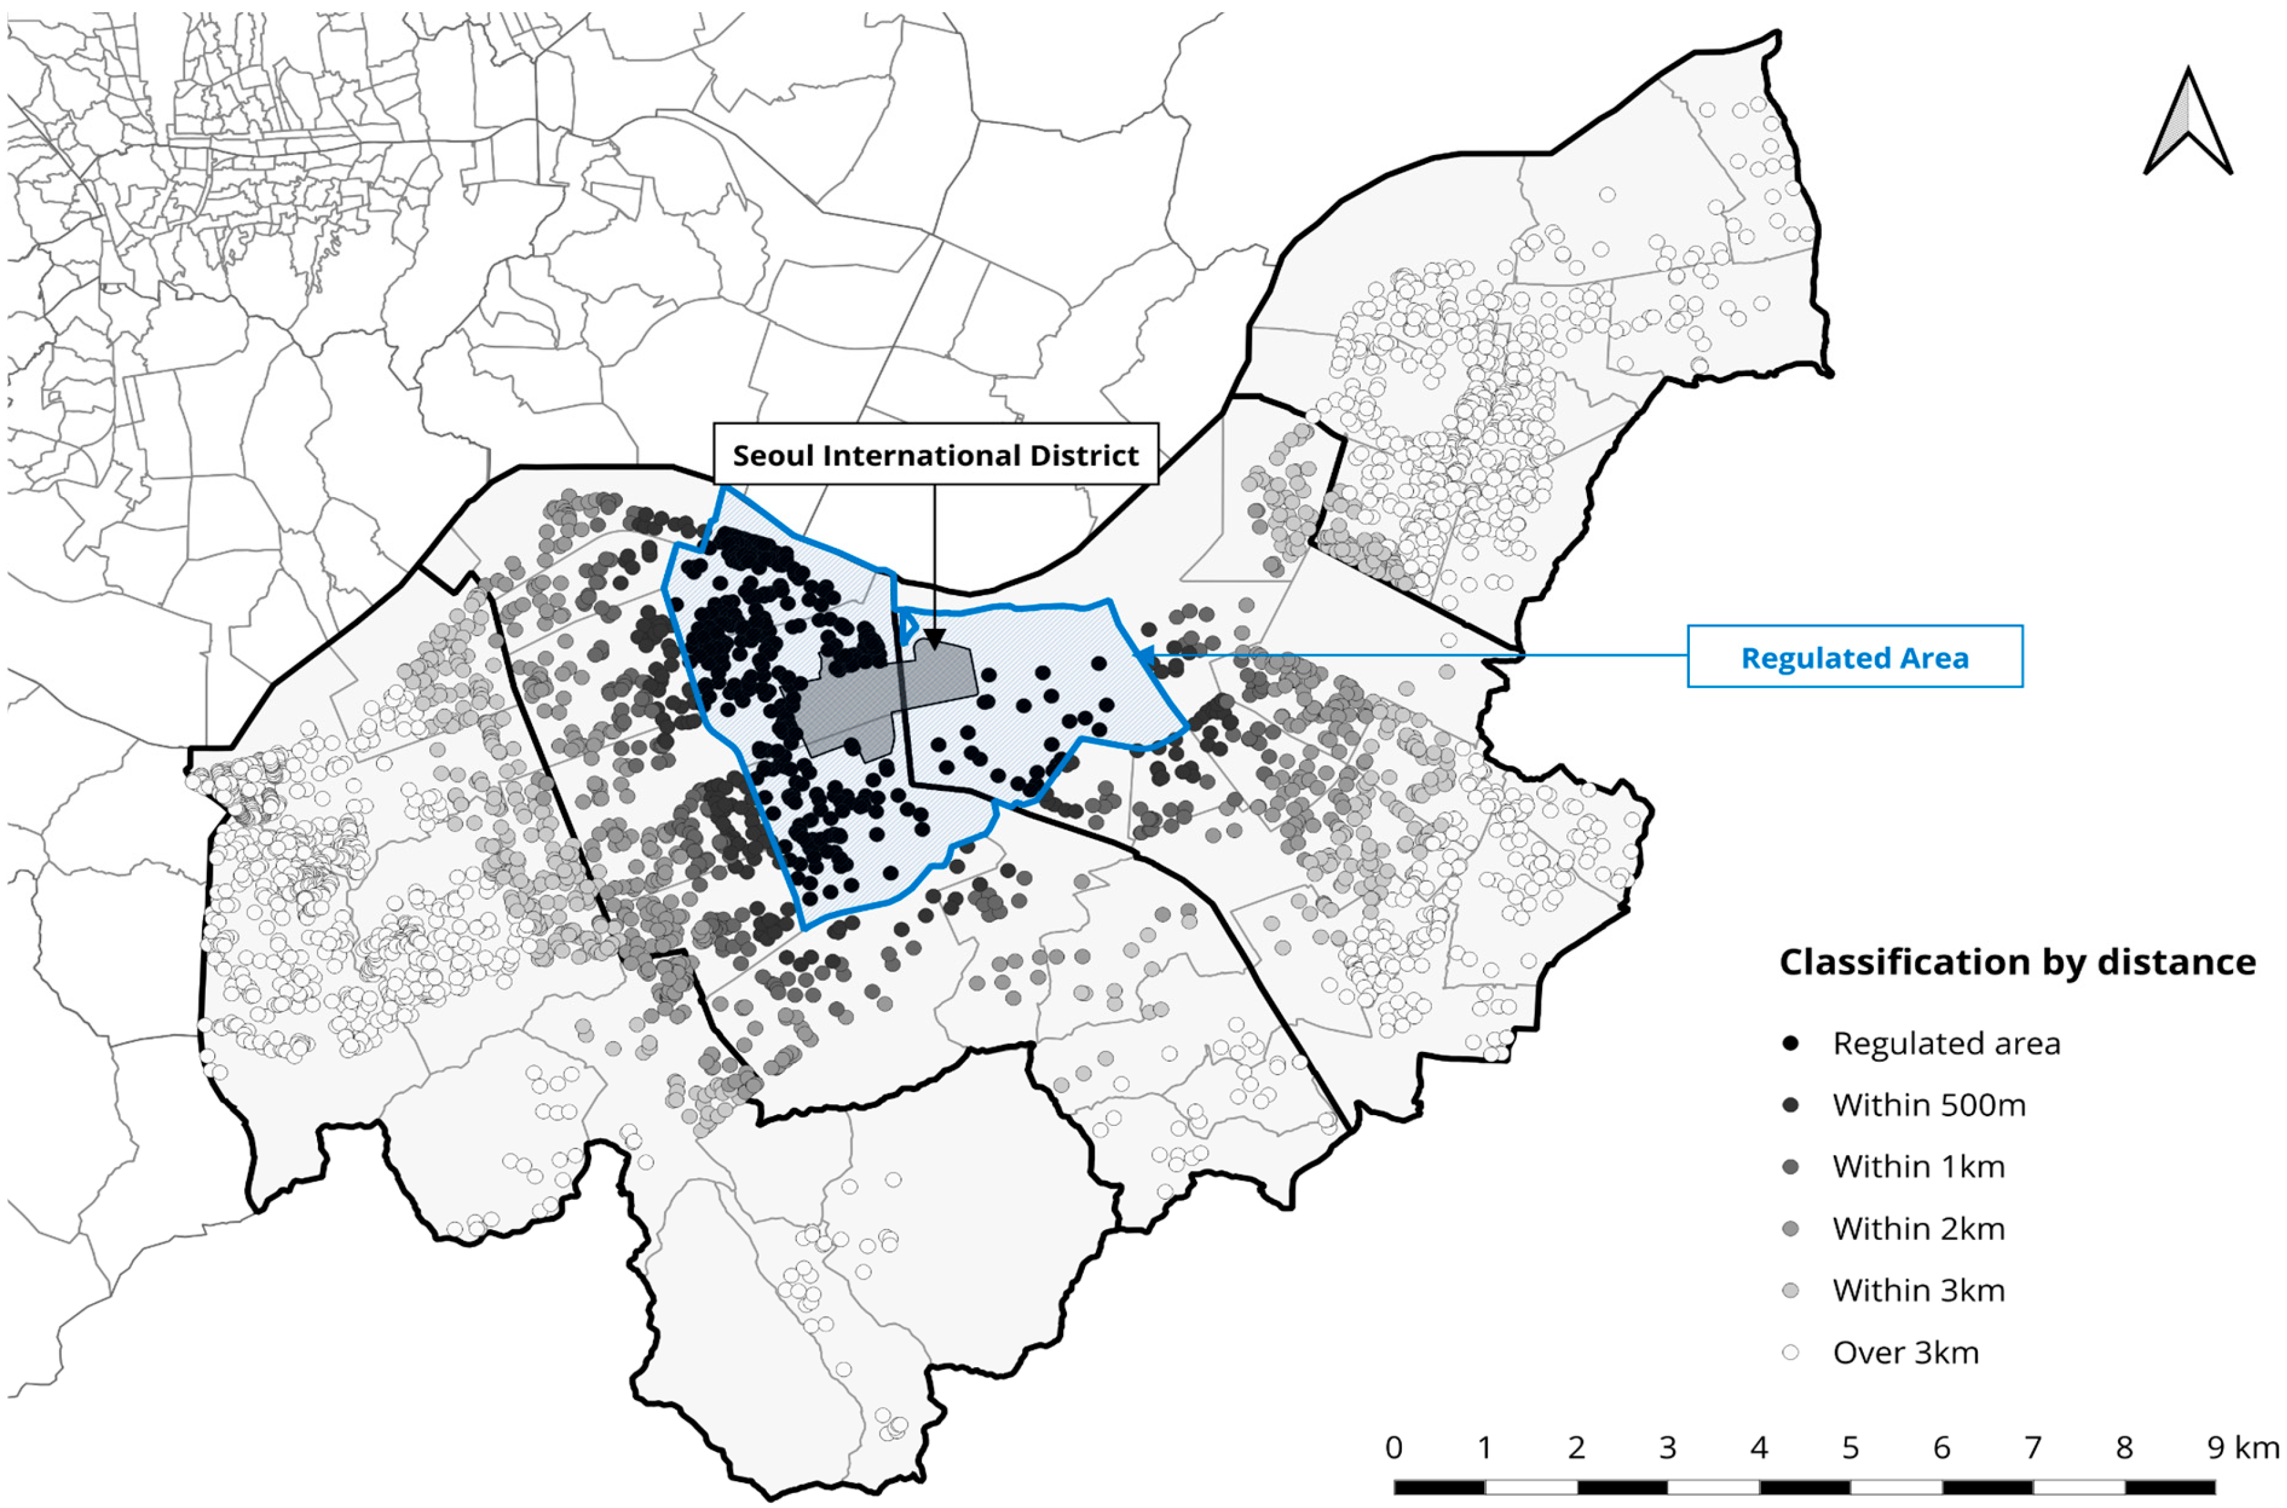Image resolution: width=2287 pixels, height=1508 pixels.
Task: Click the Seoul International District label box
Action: [935, 454]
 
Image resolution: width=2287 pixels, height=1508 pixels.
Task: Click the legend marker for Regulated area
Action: [1790, 1044]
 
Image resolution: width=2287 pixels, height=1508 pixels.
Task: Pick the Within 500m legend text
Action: [1928, 1105]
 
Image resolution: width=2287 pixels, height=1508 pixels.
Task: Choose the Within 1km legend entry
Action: [1918, 1167]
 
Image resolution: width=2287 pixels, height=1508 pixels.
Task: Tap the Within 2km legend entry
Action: [1918, 1228]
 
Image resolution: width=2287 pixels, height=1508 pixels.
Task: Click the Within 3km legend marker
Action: [1790, 1291]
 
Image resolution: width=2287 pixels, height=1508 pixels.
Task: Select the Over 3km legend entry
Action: [1905, 1352]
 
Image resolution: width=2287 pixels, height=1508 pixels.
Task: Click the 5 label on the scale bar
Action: [1851, 1448]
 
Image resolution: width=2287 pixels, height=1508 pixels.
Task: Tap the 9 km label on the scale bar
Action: [2241, 1448]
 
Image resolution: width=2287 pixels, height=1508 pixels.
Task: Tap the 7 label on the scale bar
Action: [2032, 1448]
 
